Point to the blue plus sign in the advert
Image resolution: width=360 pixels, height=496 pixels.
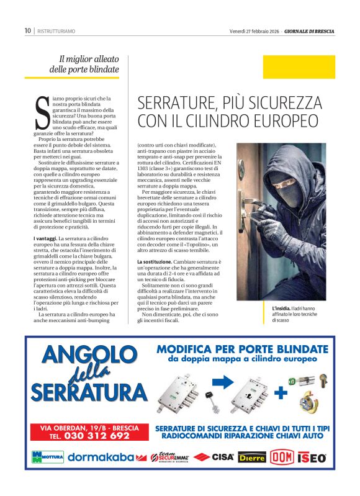coord(281,392)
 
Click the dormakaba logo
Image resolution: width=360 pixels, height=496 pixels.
coord(101,458)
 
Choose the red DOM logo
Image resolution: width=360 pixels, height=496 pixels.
coord(282,458)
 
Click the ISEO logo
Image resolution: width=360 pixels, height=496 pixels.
coord(312,458)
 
